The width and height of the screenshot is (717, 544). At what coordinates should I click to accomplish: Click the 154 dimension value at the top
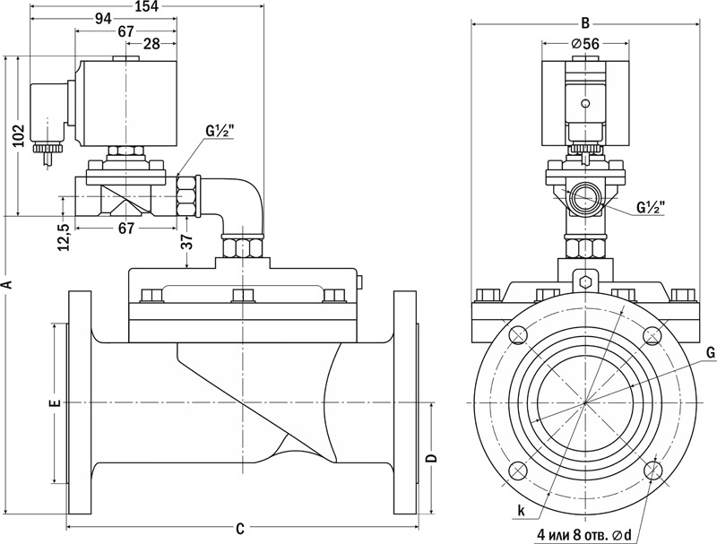(x=147, y=6)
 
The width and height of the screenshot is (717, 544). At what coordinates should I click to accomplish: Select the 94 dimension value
(x=103, y=19)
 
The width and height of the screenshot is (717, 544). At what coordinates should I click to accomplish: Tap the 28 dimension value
(x=151, y=44)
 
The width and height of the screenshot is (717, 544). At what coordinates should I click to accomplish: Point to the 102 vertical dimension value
(x=18, y=135)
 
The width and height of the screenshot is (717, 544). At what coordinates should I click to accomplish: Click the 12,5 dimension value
(x=64, y=237)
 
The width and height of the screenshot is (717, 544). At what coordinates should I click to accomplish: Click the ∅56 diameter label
(x=585, y=43)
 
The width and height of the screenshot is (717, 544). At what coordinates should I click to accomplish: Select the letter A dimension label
(x=6, y=284)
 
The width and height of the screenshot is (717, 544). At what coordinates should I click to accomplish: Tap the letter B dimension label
(x=585, y=23)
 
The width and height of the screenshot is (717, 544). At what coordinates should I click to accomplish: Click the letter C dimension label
(x=240, y=529)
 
